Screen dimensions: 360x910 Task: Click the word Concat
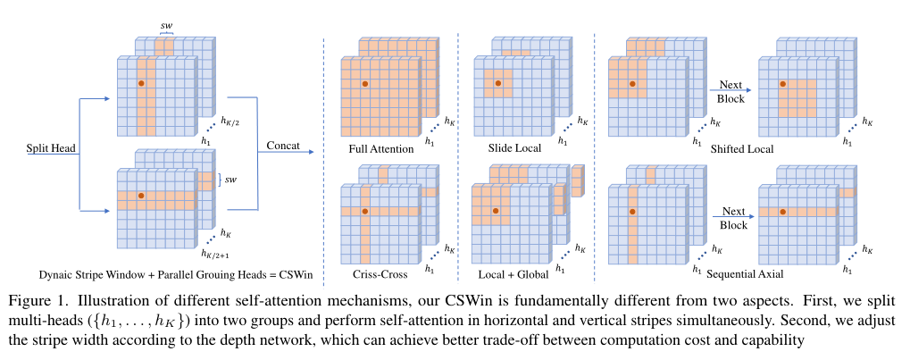click(x=283, y=144)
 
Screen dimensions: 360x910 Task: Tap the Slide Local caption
click(x=515, y=148)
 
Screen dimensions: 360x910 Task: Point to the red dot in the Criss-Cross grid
click(x=364, y=211)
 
